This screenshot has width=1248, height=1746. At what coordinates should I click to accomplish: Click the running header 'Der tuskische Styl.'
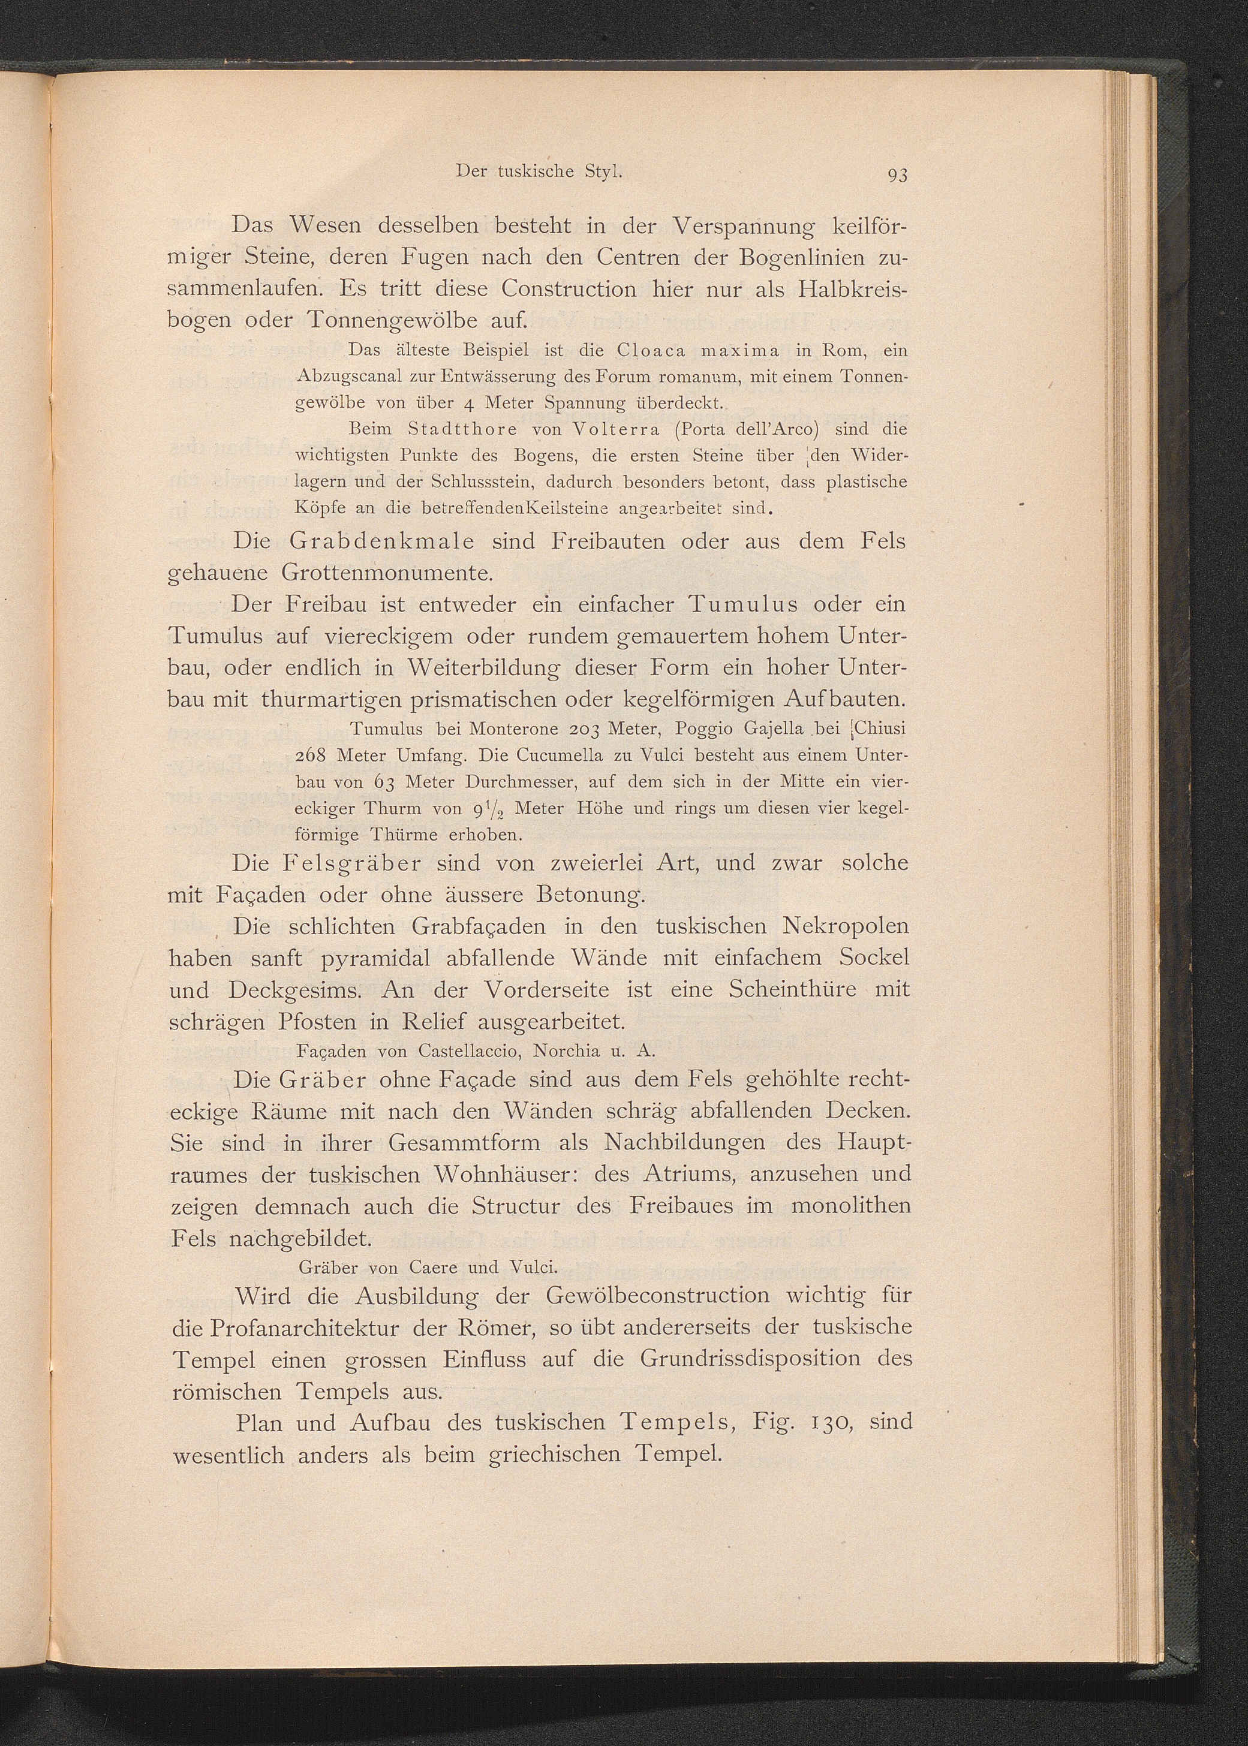coord(538,171)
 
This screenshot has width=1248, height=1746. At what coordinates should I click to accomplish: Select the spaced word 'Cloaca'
coord(655,351)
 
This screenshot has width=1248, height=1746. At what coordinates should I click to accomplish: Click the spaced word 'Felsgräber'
coord(353,863)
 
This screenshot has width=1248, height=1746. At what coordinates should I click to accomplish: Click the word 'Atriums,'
coord(685,1174)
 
